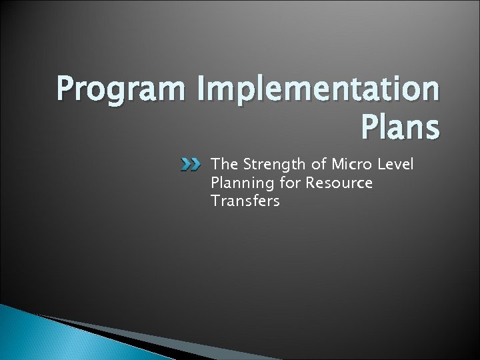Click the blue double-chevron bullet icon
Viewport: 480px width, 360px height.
coord(192,164)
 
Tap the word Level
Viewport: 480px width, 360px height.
coord(397,164)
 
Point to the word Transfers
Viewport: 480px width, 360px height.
coord(244,201)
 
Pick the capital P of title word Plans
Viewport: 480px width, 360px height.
coord(369,128)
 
